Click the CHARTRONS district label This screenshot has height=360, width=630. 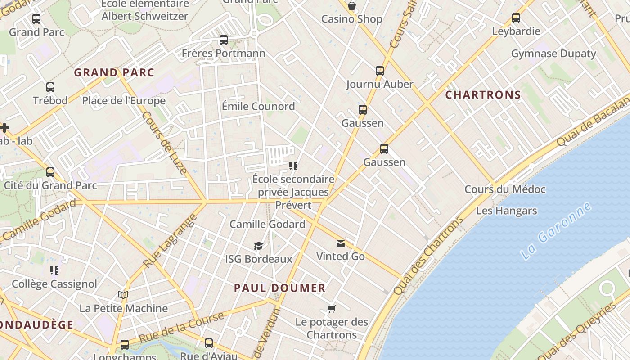coord(483,95)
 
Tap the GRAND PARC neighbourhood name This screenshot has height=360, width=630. coord(114,72)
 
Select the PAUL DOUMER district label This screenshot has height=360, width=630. coord(279,288)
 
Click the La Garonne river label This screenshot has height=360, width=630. coord(556,231)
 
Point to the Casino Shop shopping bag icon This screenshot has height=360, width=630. coord(352,6)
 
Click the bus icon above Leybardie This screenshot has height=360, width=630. coord(516,18)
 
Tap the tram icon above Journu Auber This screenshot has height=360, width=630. coord(380,71)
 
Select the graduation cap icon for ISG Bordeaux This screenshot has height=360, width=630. coord(258,246)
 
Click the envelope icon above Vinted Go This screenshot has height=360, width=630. coord(341,243)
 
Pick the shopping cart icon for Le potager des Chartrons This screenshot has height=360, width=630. coord(332,309)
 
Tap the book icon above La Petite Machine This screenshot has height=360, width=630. coord(123,295)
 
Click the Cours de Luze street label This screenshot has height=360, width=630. coord(164,143)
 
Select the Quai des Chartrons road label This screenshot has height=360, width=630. coord(427,256)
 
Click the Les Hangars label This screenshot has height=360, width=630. coord(506,211)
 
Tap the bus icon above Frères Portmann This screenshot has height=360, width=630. coord(224,40)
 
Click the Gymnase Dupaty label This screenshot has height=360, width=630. coord(553,54)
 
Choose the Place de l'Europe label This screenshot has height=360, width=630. coord(124,100)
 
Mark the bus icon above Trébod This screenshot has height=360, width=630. coord(50,87)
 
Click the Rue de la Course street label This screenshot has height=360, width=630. coord(181,327)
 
